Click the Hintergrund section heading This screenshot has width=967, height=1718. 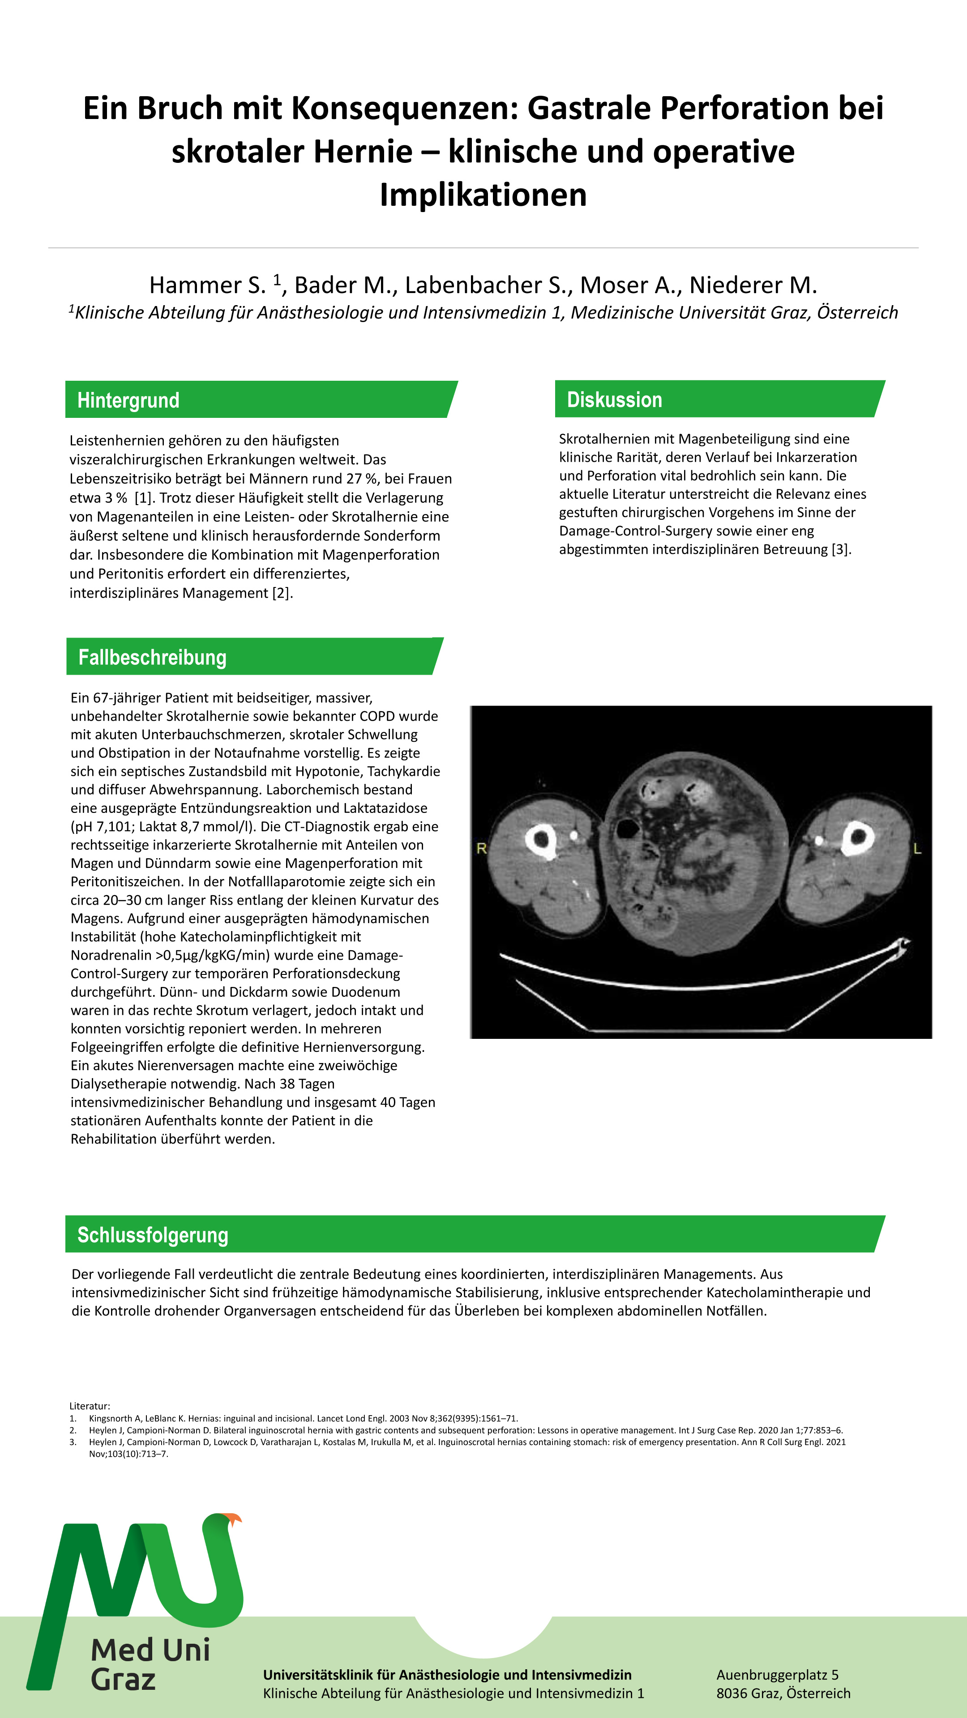(x=128, y=400)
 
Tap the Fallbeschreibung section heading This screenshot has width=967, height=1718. (x=152, y=658)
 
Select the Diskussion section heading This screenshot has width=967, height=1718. (x=614, y=400)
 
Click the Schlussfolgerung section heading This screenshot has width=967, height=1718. (x=153, y=1235)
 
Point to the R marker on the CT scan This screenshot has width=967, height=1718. (x=481, y=848)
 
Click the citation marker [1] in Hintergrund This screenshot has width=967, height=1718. (x=142, y=498)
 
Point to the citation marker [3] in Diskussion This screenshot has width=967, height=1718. (x=841, y=549)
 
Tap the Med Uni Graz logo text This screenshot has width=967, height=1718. (x=150, y=1663)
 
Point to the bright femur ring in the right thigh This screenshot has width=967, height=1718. (x=541, y=840)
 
